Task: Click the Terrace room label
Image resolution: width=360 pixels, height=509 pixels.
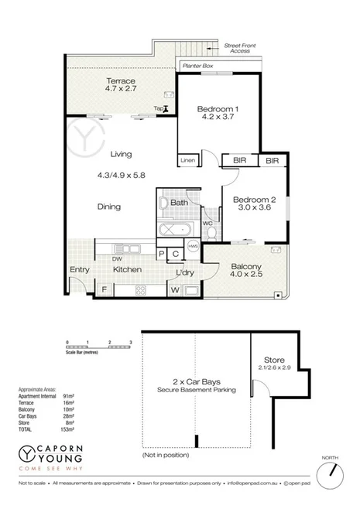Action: (121, 81)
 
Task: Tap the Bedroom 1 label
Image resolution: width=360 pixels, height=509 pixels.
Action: (217, 109)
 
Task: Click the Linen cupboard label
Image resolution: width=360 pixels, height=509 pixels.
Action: (187, 160)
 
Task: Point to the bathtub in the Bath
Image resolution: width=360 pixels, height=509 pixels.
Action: (176, 230)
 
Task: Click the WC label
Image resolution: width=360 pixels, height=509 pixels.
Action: (207, 224)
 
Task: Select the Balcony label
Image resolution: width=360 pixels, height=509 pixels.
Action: (247, 267)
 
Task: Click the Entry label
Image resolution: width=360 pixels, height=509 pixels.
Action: (79, 269)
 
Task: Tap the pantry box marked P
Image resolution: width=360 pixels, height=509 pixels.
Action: (162, 254)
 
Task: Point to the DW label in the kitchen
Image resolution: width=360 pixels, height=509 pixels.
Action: (116, 259)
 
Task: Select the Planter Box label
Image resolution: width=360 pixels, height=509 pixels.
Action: (197, 67)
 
